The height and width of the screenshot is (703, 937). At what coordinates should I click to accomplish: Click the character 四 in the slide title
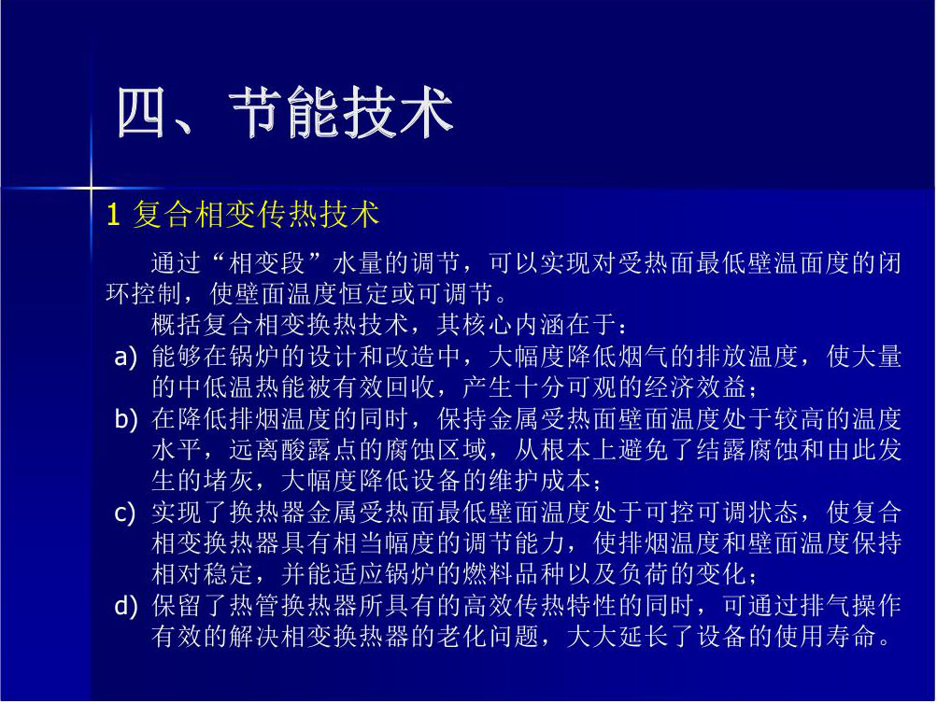pyautogui.click(x=140, y=112)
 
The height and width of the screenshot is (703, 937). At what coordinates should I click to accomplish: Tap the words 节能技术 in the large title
pyautogui.click(x=341, y=112)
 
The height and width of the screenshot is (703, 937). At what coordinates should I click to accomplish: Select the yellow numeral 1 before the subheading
pyautogui.click(x=114, y=215)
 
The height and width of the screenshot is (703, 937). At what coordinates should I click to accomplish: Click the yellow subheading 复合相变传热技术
pyautogui.click(x=256, y=215)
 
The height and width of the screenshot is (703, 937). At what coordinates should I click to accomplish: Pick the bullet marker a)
pyautogui.click(x=126, y=358)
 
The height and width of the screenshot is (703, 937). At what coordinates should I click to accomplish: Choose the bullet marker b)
pyautogui.click(x=126, y=419)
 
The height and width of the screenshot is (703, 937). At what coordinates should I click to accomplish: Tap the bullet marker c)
pyautogui.click(x=125, y=513)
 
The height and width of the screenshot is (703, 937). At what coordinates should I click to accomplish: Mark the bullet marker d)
pyautogui.click(x=126, y=606)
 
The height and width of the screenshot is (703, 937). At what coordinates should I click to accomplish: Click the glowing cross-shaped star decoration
pyautogui.click(x=91, y=189)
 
